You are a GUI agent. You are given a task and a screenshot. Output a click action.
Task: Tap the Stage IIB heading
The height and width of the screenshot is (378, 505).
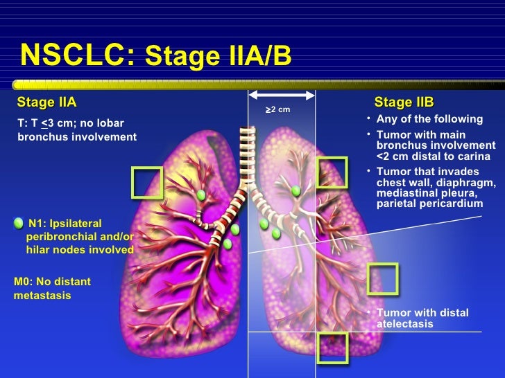[x=404, y=103]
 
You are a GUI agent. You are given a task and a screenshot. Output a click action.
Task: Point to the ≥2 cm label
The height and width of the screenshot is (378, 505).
[x=278, y=109]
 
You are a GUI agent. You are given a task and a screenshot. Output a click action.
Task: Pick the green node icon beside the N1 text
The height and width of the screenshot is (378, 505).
[x=19, y=222]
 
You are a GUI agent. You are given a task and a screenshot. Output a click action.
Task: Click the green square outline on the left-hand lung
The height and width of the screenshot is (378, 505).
[x=146, y=182]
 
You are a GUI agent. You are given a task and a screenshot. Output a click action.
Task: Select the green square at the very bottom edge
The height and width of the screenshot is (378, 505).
[x=332, y=348]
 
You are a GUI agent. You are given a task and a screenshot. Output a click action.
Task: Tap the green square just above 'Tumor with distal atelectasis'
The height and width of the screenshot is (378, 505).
[x=382, y=278]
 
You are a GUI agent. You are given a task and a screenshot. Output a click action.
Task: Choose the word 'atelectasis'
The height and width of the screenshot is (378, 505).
[x=405, y=324]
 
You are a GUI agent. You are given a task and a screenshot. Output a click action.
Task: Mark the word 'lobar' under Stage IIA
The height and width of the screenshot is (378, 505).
[x=110, y=123]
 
